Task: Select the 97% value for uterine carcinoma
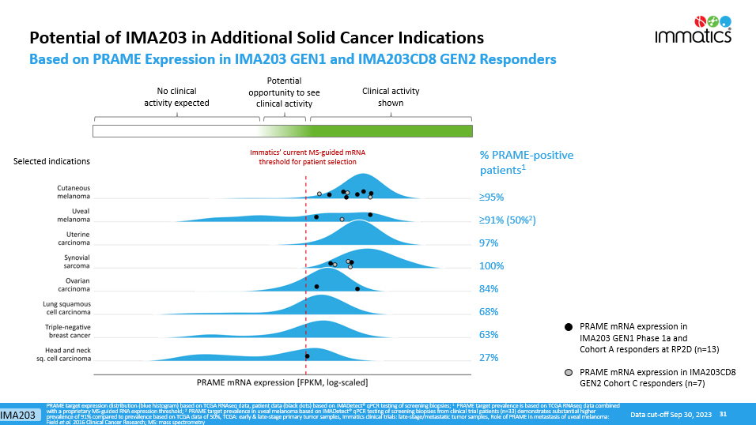pyautogui.click(x=491, y=243)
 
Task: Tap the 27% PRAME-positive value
pyautogui.click(x=488, y=358)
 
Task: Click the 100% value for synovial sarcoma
pyautogui.click(x=491, y=266)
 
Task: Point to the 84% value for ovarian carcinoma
pyautogui.click(x=488, y=289)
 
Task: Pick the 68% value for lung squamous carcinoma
pyautogui.click(x=488, y=312)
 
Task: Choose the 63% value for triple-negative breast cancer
pyautogui.click(x=488, y=335)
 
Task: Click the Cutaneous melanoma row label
pyautogui.click(x=73, y=192)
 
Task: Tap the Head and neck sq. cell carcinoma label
pyautogui.click(x=67, y=354)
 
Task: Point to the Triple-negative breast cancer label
pyautogui.click(x=67, y=331)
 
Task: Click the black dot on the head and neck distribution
pyautogui.click(x=307, y=356)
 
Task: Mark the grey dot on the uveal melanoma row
pyautogui.click(x=342, y=219)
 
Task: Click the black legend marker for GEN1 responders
pyautogui.click(x=568, y=326)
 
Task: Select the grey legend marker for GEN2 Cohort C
pyautogui.click(x=568, y=372)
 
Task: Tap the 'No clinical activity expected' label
pyautogui.click(x=176, y=96)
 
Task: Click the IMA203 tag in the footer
pyautogui.click(x=20, y=415)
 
